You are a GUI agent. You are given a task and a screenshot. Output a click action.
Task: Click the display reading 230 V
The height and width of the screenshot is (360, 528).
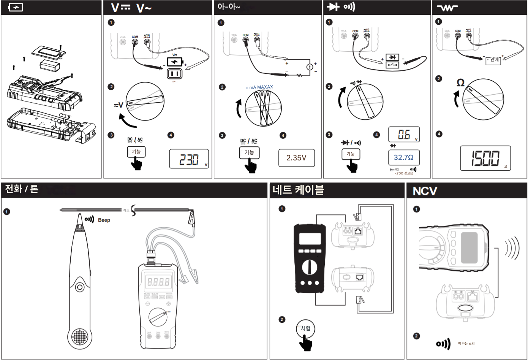tap(189, 159)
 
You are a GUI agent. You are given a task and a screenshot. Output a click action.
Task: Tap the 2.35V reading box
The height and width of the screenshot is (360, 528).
tap(297, 158)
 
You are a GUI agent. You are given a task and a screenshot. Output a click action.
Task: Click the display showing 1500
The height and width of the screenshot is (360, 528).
tap(485, 158)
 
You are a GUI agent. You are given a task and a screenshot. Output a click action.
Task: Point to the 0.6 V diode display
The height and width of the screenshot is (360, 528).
tap(404, 135)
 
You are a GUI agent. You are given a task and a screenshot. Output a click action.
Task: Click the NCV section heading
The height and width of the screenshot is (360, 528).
tap(425, 191)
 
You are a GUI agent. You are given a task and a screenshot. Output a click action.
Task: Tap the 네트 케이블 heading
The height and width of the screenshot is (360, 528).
tap(298, 190)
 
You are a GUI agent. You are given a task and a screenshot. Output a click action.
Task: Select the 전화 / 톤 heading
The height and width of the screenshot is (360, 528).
tap(22, 189)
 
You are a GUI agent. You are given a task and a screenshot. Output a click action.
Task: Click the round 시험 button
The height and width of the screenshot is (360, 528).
tap(305, 328)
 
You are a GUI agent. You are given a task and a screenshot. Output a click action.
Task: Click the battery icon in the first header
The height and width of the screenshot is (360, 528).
tap(16, 7)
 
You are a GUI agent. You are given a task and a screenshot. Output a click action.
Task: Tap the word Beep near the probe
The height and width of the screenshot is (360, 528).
tap(104, 220)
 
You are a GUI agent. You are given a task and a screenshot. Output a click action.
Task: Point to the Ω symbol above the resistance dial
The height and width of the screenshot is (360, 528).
tap(460, 83)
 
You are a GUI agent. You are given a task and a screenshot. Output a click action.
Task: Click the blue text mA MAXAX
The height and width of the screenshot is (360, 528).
tap(259, 87)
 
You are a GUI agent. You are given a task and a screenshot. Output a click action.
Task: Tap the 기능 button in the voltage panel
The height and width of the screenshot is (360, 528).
tap(136, 152)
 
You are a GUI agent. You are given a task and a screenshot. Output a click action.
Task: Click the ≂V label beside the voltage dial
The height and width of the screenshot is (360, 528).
tap(119, 105)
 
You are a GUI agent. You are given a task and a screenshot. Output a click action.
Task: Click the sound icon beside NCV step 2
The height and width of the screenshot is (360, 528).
tap(443, 344)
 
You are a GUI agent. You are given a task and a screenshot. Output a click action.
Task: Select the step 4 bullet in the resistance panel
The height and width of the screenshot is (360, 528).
tap(439, 134)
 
